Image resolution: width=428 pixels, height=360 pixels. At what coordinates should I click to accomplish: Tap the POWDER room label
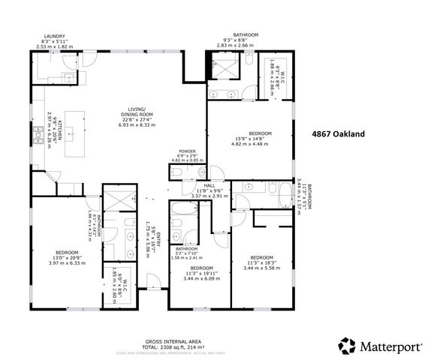pos(187,151)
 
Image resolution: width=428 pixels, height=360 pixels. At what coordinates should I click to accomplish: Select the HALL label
pos(209,186)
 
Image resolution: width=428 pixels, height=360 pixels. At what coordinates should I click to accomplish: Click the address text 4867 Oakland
pos(338,134)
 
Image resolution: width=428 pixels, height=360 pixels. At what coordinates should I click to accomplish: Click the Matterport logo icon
pos(347,346)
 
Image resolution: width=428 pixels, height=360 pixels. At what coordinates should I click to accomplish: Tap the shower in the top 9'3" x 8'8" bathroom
pos(223,70)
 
